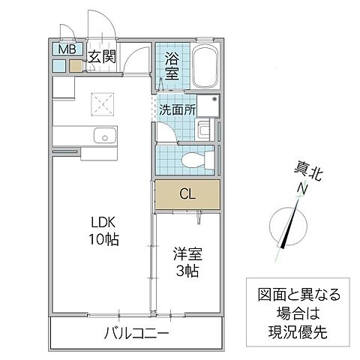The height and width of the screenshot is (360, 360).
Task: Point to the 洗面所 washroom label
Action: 177,109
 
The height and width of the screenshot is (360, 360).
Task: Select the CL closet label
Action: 187,194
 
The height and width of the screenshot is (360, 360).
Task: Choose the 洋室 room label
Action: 187,253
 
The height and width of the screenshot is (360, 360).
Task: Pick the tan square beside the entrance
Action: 76,65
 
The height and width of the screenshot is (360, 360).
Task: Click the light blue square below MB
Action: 59,65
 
